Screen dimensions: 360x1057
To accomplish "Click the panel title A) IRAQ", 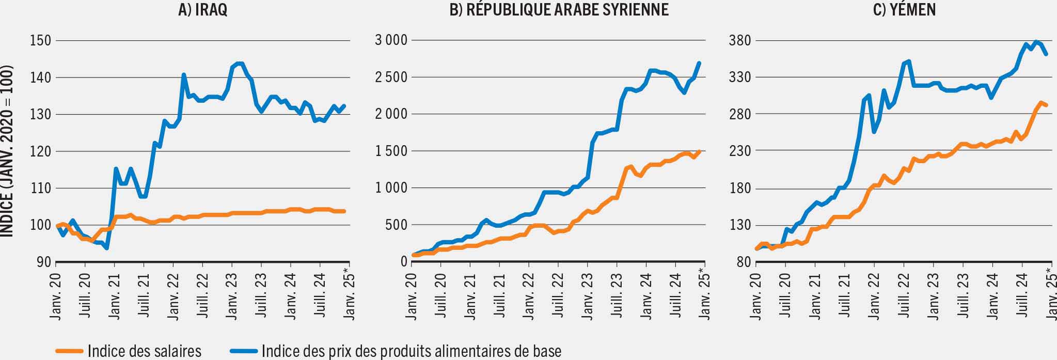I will pos(202,10).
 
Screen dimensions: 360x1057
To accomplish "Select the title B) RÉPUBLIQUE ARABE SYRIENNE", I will pos(559,10).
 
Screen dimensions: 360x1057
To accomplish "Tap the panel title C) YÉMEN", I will pos(904,10).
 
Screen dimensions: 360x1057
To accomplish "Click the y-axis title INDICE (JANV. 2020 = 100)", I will pos(7,151).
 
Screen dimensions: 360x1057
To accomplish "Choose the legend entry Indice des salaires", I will pos(144,351).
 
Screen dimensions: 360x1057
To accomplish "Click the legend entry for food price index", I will pos(411,351).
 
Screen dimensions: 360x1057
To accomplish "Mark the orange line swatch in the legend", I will pos(69,351).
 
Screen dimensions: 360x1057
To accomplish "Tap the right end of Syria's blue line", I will pos(699,63).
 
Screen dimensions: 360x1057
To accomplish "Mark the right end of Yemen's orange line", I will pos(1046,105).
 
